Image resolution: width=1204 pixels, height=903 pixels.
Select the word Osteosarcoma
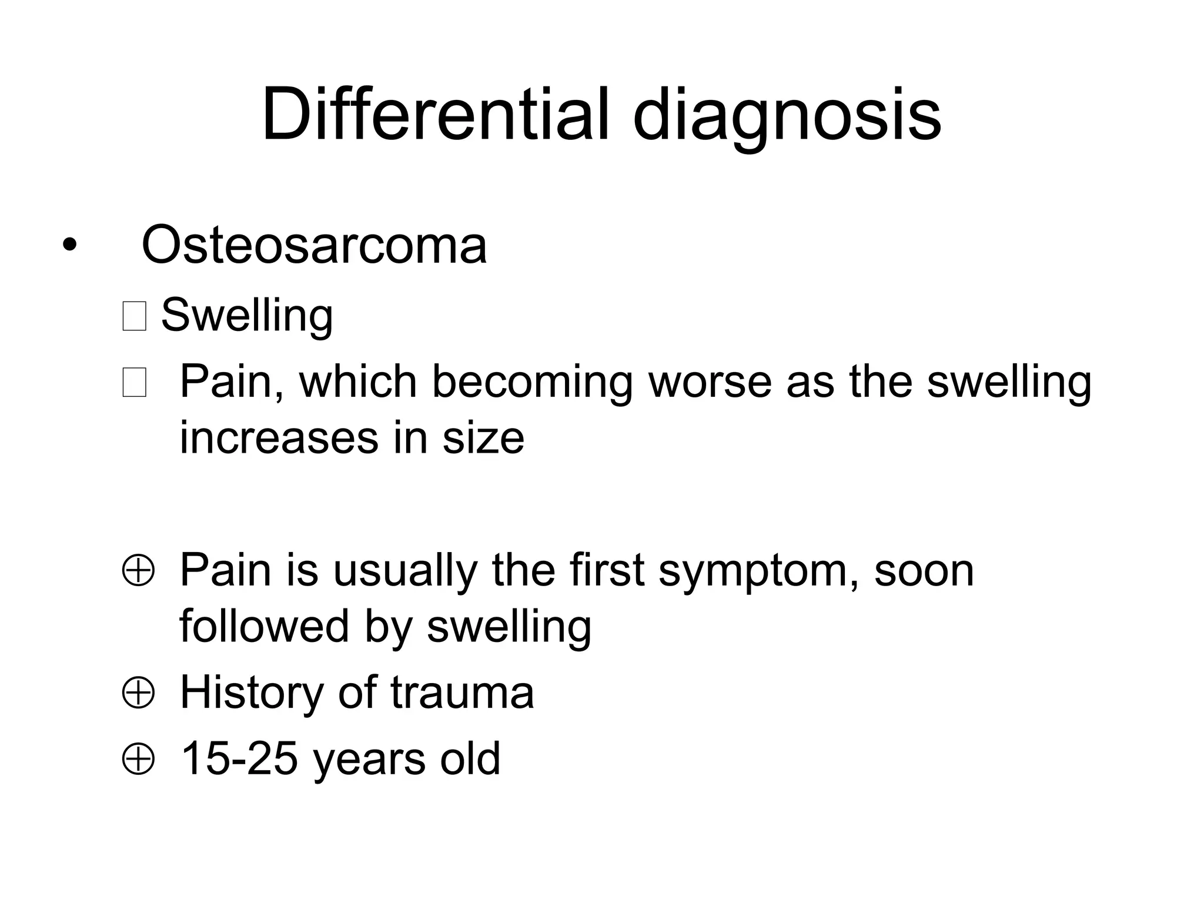click(314, 244)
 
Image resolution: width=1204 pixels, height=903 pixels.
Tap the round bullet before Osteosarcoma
click(69, 246)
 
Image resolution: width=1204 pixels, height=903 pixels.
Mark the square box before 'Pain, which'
click(134, 383)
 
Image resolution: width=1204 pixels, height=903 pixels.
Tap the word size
click(483, 439)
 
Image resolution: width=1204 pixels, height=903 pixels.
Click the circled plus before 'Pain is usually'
click(138, 571)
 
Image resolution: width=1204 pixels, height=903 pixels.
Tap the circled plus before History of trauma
click(138, 693)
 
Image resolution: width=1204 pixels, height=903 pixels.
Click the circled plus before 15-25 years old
click(138, 760)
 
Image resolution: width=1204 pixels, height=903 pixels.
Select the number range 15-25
click(239, 759)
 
